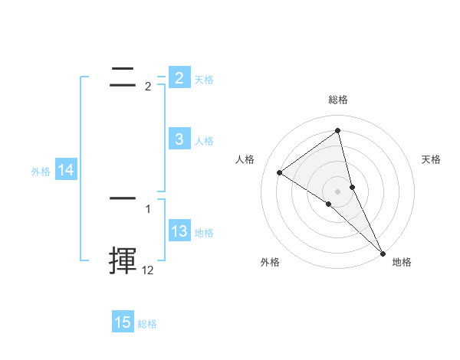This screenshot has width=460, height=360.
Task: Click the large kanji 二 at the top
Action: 123,75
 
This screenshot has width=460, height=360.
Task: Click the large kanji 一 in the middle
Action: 123,198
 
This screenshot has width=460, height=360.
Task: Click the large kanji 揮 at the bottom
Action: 123,260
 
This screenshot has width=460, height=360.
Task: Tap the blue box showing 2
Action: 179,77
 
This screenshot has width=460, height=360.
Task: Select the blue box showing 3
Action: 179,139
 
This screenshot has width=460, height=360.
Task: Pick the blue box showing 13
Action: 179,231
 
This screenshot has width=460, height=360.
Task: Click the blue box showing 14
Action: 66,170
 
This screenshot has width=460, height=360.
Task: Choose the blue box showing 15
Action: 123,322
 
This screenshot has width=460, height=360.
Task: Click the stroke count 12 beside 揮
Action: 148,270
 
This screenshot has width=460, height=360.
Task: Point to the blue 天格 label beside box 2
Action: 204,80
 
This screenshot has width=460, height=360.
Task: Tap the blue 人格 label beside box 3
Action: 204,141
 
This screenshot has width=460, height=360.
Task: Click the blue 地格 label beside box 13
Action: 204,233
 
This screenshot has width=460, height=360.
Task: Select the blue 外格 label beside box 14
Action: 41,172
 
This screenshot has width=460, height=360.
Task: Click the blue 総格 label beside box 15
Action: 147,325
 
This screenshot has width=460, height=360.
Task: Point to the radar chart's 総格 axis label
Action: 337,100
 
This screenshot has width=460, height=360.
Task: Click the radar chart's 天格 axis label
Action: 432,159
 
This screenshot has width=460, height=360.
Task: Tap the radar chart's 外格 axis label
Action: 270,262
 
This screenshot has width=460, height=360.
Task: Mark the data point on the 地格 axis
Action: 383,252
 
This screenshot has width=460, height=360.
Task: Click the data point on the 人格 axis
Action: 279,172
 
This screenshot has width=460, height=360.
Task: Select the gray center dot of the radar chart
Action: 337,191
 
